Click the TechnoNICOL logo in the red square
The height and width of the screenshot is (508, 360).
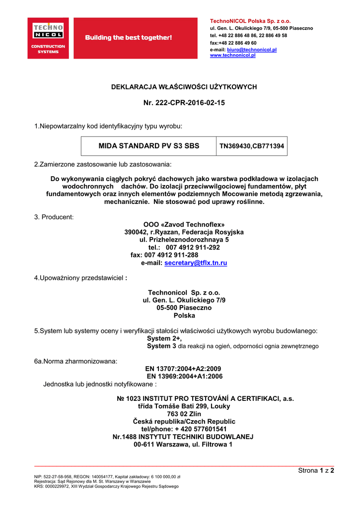click(x=48, y=38)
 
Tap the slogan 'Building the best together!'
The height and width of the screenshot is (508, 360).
click(x=129, y=38)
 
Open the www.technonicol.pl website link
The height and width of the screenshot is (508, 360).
click(x=232, y=56)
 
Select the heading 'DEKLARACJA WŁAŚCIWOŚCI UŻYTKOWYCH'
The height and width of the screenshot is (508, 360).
click(x=184, y=87)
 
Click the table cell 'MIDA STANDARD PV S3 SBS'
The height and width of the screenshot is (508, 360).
click(x=149, y=146)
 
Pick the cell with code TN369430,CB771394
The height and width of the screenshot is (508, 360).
click(x=252, y=146)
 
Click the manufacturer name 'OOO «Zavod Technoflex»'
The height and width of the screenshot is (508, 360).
click(x=184, y=224)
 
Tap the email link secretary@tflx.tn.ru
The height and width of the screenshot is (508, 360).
click(x=196, y=263)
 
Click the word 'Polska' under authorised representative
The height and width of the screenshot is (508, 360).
click(x=184, y=316)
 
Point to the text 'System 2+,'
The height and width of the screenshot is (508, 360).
click(x=164, y=338)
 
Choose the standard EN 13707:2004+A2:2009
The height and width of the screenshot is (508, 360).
click(x=183, y=369)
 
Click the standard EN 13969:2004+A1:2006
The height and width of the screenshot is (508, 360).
click(x=184, y=377)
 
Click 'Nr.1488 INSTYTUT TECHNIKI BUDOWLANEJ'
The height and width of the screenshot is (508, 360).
click(x=183, y=437)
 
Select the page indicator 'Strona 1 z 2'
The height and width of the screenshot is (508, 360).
click(x=316, y=471)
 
